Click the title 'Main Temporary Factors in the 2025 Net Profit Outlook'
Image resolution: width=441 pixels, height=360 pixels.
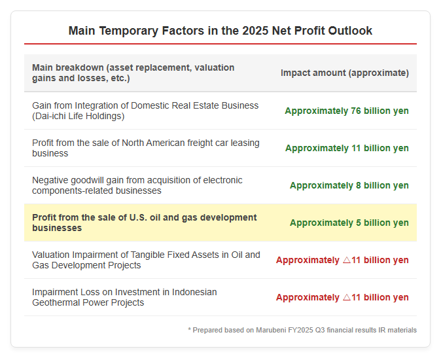tap(220, 31)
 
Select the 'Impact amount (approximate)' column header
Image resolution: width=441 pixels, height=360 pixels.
tap(345, 73)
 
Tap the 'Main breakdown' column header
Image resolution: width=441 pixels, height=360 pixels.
tap(133, 73)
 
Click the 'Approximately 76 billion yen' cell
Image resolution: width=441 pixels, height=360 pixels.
tap(347, 111)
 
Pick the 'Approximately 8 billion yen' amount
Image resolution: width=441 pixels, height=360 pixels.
tap(349, 185)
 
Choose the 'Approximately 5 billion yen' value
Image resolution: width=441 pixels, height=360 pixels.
tap(349, 223)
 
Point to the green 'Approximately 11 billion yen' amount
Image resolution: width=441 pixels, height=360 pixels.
tap(347, 148)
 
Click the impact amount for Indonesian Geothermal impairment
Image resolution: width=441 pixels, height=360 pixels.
tap(342, 297)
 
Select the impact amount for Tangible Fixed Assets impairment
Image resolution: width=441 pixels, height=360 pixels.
tap(342, 260)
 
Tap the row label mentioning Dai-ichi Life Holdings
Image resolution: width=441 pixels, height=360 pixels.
tap(145, 111)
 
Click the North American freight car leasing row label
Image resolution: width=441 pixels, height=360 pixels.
tap(146, 148)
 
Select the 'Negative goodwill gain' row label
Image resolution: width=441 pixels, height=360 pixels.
tap(137, 185)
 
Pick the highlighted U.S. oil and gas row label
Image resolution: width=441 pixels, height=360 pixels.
tap(145, 223)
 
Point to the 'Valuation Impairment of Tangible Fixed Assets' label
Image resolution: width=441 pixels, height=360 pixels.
tap(146, 260)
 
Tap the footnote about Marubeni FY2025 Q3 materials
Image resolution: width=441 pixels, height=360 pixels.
tap(302, 330)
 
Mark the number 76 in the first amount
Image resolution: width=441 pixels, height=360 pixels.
tap(356, 111)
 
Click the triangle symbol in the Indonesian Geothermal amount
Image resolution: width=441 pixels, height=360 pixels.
tap(347, 297)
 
